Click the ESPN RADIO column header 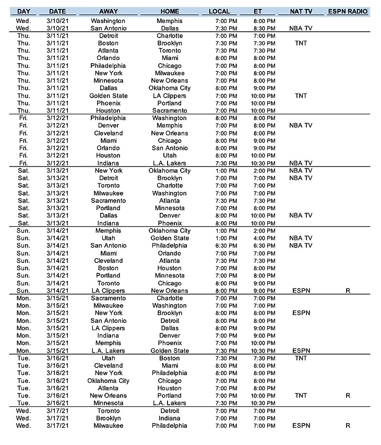tap(348, 11)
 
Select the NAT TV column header tap(301, 11)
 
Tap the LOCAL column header tap(219, 11)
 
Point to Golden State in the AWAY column tap(108, 96)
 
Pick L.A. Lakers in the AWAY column tap(108, 351)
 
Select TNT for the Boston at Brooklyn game tap(301, 43)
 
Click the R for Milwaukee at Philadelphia tap(348, 426)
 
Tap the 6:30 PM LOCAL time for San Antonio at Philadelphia tap(226, 246)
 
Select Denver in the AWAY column tap(108, 126)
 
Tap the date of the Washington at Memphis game tap(57, 21)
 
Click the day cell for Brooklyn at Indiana tap(23, 418)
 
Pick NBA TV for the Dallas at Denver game tap(301, 215)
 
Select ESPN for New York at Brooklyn tap(301, 313)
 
